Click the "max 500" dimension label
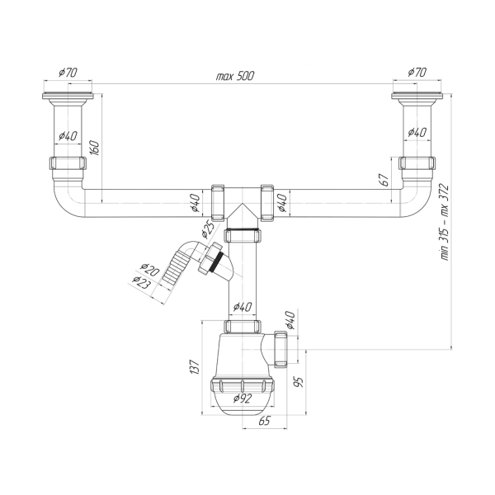(x=235, y=76)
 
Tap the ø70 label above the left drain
(x=68, y=73)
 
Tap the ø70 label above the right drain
(x=417, y=73)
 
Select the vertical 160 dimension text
(x=95, y=148)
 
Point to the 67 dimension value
(x=384, y=180)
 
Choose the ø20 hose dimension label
(x=150, y=270)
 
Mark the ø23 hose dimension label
(x=142, y=282)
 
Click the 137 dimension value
(x=195, y=367)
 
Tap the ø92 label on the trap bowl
(x=243, y=398)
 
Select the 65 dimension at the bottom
(x=264, y=421)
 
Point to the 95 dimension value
(x=299, y=381)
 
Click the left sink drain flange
(x=68, y=96)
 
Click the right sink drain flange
(x=417, y=96)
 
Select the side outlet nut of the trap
(x=280, y=349)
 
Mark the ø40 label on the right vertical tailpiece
(x=417, y=132)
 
